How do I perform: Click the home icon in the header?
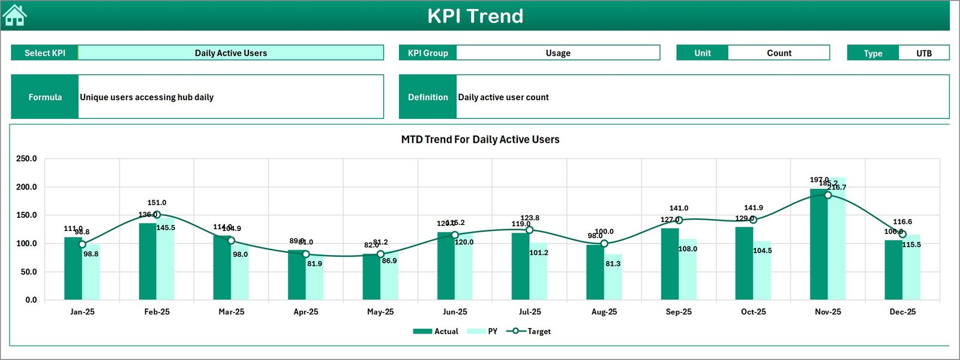(x=14, y=16)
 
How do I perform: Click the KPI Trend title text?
(x=475, y=16)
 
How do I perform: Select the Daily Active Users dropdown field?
(x=231, y=53)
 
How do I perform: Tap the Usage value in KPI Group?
(x=558, y=53)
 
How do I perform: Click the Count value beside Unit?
(x=779, y=53)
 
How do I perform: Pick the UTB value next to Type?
(x=924, y=53)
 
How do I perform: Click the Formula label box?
(x=45, y=97)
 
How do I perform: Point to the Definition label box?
(x=428, y=97)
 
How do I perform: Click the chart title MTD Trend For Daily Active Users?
(x=480, y=139)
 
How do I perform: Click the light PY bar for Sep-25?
(x=688, y=273)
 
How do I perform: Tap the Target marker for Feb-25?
(x=157, y=215)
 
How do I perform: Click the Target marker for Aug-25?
(x=604, y=244)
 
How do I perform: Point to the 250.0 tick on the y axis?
(x=26, y=159)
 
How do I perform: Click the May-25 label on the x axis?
(x=380, y=312)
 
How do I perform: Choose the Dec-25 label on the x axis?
(x=902, y=312)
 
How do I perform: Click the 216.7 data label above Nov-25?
(x=837, y=187)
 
